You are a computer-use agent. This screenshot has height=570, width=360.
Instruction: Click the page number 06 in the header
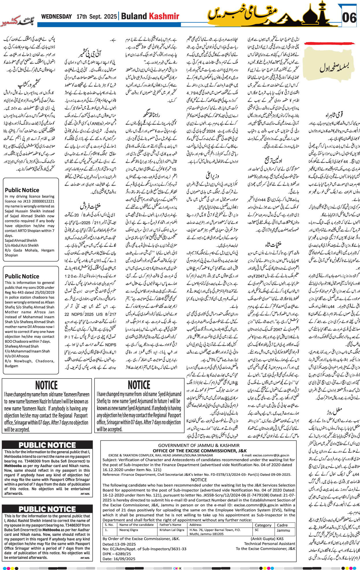click(349, 18)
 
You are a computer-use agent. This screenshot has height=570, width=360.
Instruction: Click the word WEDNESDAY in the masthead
click(56, 16)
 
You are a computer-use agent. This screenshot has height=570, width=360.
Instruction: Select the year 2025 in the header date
click(110, 16)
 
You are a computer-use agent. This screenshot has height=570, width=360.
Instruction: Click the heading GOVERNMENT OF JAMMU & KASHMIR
click(199, 445)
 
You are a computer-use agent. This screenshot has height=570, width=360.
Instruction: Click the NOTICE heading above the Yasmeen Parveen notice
click(47, 385)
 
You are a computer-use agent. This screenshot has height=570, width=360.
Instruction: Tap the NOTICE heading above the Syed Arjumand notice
click(139, 385)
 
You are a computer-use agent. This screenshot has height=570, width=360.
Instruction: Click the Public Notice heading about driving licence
click(22, 190)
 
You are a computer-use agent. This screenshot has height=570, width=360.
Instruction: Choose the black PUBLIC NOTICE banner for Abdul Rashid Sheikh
click(47, 509)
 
